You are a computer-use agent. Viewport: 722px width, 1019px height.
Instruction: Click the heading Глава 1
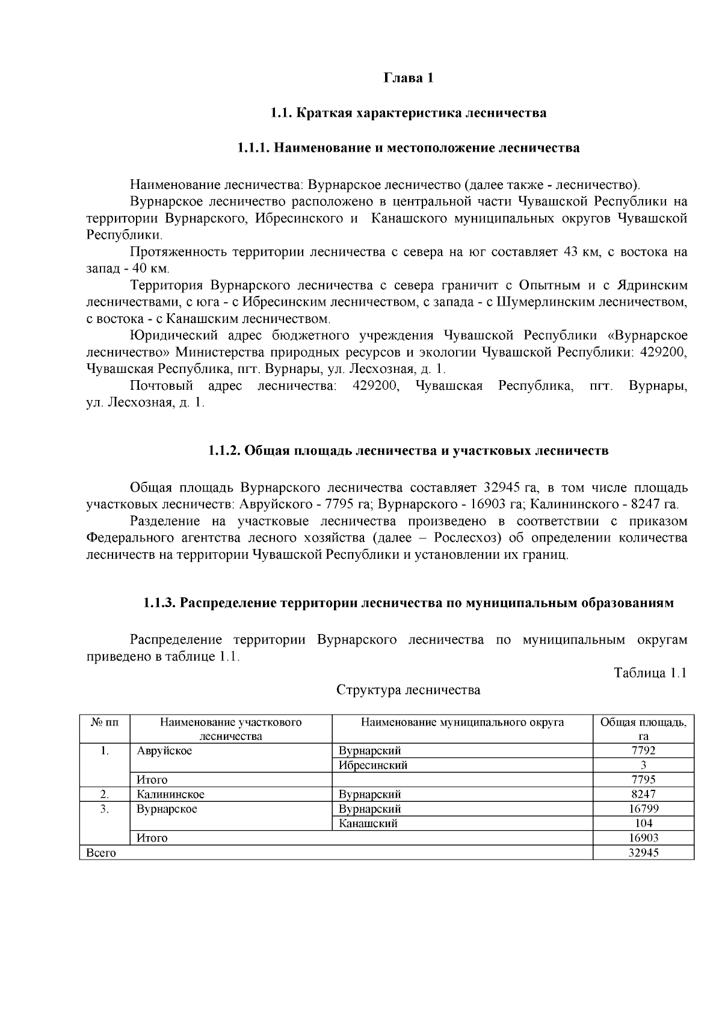click(x=409, y=78)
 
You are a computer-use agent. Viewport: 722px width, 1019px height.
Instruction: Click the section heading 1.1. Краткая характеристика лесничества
click(x=409, y=113)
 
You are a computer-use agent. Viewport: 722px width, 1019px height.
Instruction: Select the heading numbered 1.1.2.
click(x=409, y=451)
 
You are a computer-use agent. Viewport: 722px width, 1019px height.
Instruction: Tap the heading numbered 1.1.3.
click(x=409, y=603)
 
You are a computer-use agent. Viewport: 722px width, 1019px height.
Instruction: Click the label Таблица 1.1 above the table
click(x=650, y=673)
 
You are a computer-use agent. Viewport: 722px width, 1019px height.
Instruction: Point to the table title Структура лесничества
click(x=408, y=689)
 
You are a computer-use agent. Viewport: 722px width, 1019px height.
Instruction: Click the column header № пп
click(x=105, y=722)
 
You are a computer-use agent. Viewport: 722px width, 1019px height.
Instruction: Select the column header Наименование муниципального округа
click(x=462, y=722)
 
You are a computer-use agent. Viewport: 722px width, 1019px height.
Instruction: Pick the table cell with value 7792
click(x=643, y=751)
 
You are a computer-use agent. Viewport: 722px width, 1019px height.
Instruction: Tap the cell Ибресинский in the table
click(x=373, y=765)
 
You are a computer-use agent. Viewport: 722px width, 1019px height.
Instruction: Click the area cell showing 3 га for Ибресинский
click(x=643, y=765)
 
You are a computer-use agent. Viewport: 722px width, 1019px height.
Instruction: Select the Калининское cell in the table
click(x=170, y=795)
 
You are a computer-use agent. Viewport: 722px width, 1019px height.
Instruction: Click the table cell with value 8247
click(x=643, y=795)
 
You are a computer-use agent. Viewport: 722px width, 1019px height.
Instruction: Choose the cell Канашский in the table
click(x=368, y=824)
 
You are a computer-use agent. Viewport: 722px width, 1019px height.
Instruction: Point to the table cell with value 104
click(x=643, y=824)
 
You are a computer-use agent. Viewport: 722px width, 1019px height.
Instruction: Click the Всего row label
click(x=101, y=852)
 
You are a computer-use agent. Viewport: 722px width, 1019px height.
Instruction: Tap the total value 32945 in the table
click(x=643, y=852)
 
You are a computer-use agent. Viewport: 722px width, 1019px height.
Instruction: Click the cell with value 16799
click(x=643, y=809)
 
